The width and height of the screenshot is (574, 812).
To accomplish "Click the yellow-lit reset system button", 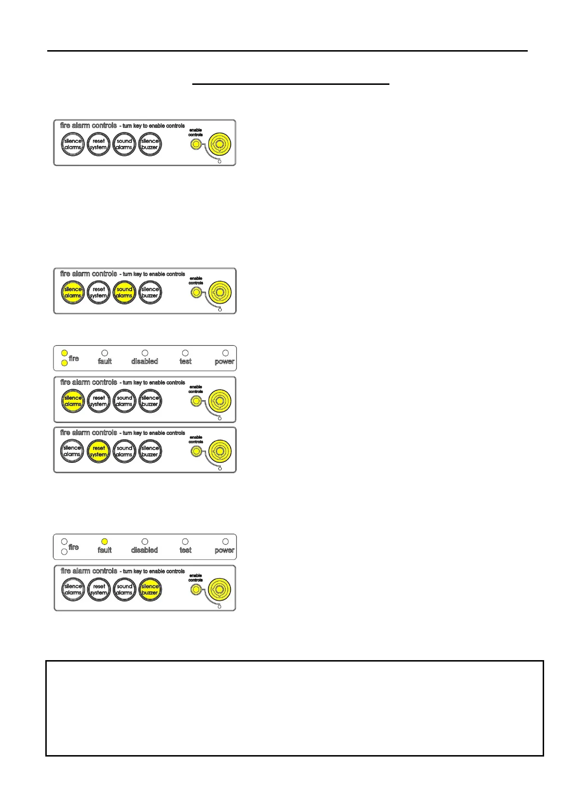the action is coord(98,451).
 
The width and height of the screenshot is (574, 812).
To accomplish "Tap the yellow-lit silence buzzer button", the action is coord(150,589).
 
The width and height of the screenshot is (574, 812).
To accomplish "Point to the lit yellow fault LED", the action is coord(105,541).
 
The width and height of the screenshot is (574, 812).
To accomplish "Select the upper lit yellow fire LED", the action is coord(65,353).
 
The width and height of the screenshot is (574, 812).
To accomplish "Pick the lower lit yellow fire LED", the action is coord(65,363).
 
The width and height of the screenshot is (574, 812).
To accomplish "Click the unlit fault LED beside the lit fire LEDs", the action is coord(105,353).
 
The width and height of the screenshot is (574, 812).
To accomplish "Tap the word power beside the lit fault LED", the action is coord(224,550).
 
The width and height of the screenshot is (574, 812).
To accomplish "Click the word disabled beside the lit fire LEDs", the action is coord(144,361).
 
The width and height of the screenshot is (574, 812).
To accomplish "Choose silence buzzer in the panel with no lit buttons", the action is coord(150,144).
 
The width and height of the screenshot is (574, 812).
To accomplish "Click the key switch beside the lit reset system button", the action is coord(220,451).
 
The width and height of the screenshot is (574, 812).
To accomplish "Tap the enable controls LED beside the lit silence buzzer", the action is coord(196,589).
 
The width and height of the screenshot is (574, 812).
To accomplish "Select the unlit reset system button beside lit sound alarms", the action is coord(98,293).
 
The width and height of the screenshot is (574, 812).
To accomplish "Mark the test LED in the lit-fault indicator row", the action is coord(185,541).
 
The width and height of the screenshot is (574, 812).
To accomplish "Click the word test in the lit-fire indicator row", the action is coord(185,361).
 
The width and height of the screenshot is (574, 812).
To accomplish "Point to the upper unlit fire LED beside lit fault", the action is coord(65,541).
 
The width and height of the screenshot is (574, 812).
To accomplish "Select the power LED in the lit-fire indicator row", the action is coord(225,353).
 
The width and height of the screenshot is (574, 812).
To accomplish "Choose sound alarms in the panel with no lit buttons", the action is coord(124,144).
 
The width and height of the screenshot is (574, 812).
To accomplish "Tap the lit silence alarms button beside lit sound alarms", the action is coord(73,293).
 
